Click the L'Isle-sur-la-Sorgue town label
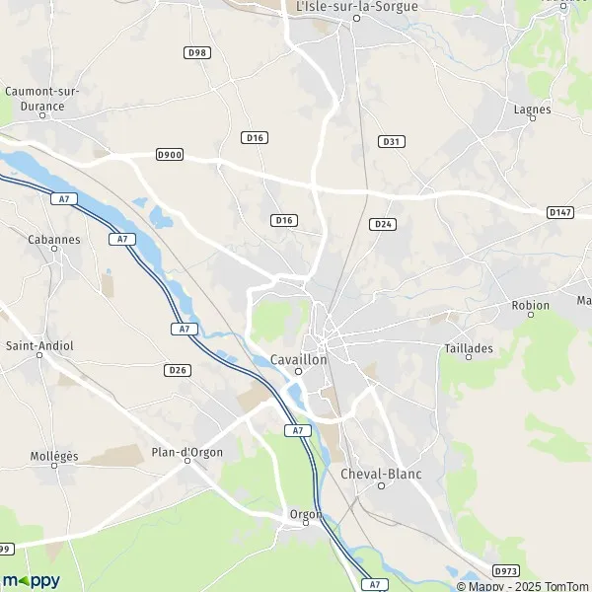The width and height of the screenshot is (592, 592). coord(357,6)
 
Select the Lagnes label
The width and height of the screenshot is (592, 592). coord(533,110)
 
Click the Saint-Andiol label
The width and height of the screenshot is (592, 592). coord(39,345)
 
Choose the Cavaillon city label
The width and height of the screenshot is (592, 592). coord(298,360)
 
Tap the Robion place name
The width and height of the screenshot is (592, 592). coord(531,305)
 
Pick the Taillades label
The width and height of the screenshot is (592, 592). coord(468,348)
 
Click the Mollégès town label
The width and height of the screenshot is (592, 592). coord(54,456)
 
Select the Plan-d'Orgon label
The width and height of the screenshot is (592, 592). coord(186,452)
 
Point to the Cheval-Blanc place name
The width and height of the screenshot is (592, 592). coord(381,474)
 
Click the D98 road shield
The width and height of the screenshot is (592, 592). coord(197,51)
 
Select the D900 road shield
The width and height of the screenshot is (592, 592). coord(170,155)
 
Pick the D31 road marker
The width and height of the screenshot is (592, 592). coord(392,141)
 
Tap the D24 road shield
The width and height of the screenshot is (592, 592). coord(384,224)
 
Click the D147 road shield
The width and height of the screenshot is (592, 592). coord(560,212)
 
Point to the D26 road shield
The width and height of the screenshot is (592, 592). coord(178,370)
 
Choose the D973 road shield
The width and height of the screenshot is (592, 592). coord(506,570)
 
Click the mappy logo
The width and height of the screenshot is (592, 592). coord(31,580)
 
